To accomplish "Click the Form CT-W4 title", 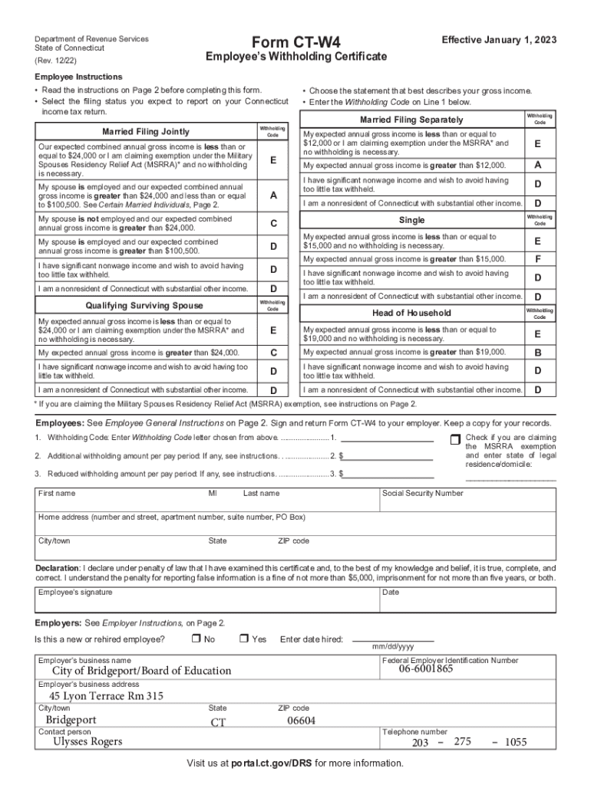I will [x=295, y=41].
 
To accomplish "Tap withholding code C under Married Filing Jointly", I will [x=273, y=224].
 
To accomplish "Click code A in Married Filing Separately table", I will [x=538, y=166].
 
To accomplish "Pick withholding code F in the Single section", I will [x=538, y=259].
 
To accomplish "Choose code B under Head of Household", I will [x=538, y=353].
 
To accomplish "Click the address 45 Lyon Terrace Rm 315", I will [x=107, y=696].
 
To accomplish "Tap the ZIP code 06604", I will [x=301, y=721].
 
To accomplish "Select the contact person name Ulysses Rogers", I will [x=87, y=741].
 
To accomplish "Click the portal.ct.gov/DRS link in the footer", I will [x=269, y=764].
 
